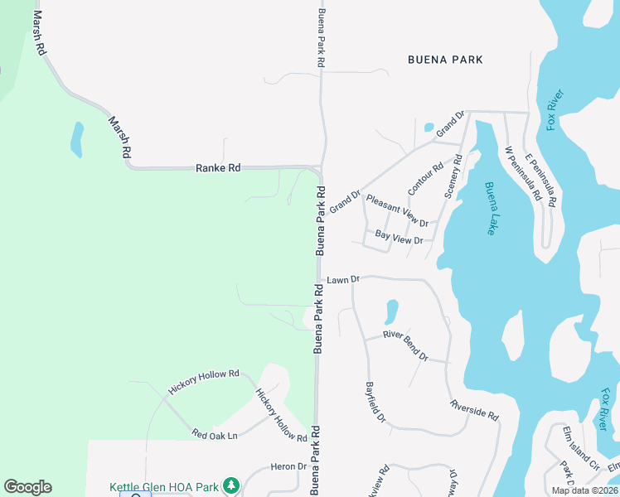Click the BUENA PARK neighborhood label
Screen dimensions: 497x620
[445, 60]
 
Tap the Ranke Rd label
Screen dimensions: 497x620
[218, 168]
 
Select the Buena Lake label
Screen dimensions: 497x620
[491, 208]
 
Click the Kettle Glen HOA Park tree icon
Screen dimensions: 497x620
[234, 485]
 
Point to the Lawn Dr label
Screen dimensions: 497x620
[342, 280]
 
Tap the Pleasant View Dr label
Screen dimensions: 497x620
[397, 211]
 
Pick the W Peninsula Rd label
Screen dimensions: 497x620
[522, 174]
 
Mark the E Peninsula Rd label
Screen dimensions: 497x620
[540, 179]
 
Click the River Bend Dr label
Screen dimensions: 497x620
[405, 345]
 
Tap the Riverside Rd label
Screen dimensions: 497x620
[474, 409]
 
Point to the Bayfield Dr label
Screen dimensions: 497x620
[375, 402]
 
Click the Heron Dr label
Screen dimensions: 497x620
[288, 467]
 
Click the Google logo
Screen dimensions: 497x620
[27, 487]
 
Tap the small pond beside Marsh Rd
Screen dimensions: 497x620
[77, 139]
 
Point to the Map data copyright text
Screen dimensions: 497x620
[585, 490]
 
